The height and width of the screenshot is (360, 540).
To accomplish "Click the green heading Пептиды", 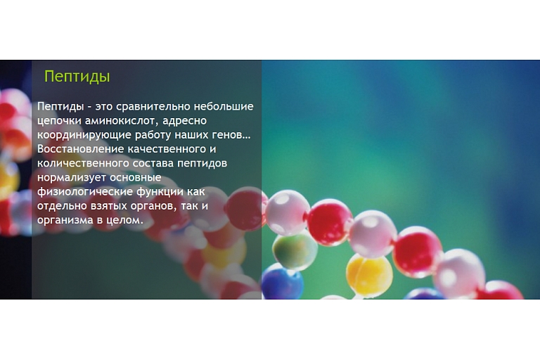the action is point(77,77).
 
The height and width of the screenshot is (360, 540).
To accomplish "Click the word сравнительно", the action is point(153,106).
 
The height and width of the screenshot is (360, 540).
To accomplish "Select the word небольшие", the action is point(224,106).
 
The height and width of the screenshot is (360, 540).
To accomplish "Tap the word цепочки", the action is point(59,121).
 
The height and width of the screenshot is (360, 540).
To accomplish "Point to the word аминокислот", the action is point(122,121).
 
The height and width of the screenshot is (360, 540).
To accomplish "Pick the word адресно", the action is point(185,121).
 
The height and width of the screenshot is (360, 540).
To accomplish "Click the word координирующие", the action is point(84,135).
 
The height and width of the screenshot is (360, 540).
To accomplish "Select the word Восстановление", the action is point(81,149).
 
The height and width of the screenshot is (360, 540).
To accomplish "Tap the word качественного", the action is point(167,149).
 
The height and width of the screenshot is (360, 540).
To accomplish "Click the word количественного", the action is point(83,163).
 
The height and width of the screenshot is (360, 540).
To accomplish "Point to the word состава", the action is point(153,163).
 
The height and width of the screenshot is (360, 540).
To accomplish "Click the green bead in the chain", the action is point(295,250).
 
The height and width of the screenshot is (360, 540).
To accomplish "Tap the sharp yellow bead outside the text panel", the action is point(369,275).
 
